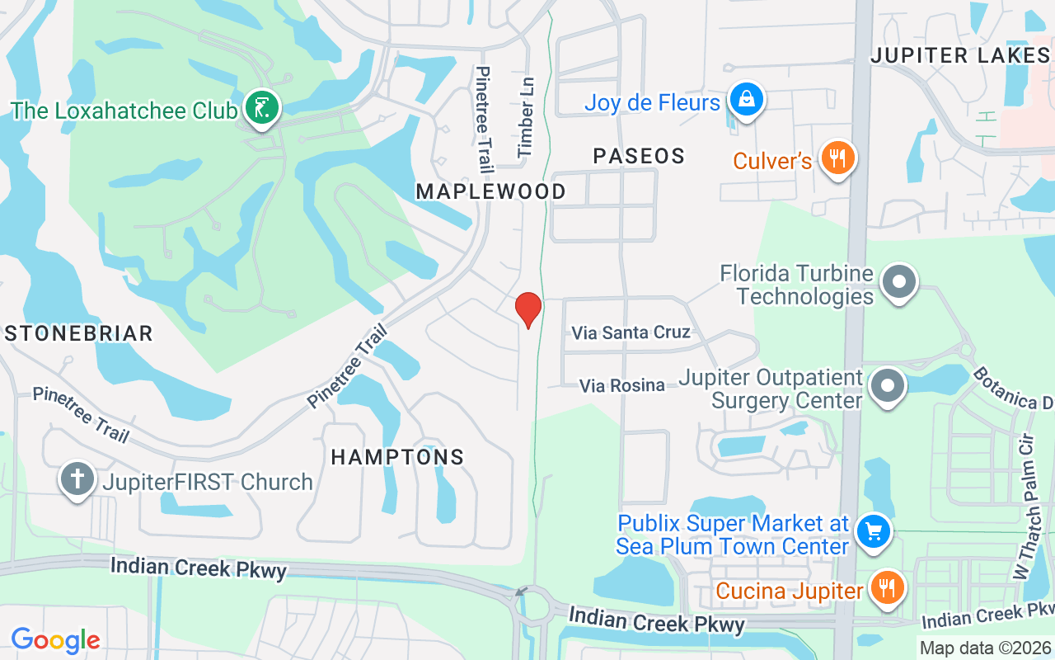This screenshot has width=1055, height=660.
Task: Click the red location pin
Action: pyautogui.click(x=527, y=310)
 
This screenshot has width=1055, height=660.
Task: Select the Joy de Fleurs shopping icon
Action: pyautogui.click(x=746, y=101)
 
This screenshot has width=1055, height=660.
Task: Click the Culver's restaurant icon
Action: pyautogui.click(x=837, y=158)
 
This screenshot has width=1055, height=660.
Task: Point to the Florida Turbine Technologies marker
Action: pyautogui.click(x=898, y=283)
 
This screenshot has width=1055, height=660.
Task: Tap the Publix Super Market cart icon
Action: pyautogui.click(x=873, y=532)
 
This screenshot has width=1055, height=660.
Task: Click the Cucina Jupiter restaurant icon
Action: pyautogui.click(x=887, y=589)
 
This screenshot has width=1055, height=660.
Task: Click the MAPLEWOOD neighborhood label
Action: pyautogui.click(x=490, y=191)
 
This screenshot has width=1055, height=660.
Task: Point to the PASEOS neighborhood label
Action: pyautogui.click(x=639, y=156)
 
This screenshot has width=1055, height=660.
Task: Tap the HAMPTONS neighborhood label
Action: pyautogui.click(x=397, y=457)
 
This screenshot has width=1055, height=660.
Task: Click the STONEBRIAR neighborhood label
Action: pyautogui.click(x=78, y=333)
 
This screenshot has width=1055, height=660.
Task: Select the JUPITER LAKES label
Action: pyautogui.click(x=960, y=55)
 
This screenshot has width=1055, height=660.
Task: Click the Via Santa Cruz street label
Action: pyautogui.click(x=631, y=332)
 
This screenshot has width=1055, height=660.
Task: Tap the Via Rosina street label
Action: pyautogui.click(x=622, y=385)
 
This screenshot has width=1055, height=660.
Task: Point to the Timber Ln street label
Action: pyautogui.click(x=526, y=117)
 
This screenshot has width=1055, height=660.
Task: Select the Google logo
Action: pyautogui.click(x=55, y=639)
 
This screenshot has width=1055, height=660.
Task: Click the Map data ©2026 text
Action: pyautogui.click(x=985, y=648)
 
